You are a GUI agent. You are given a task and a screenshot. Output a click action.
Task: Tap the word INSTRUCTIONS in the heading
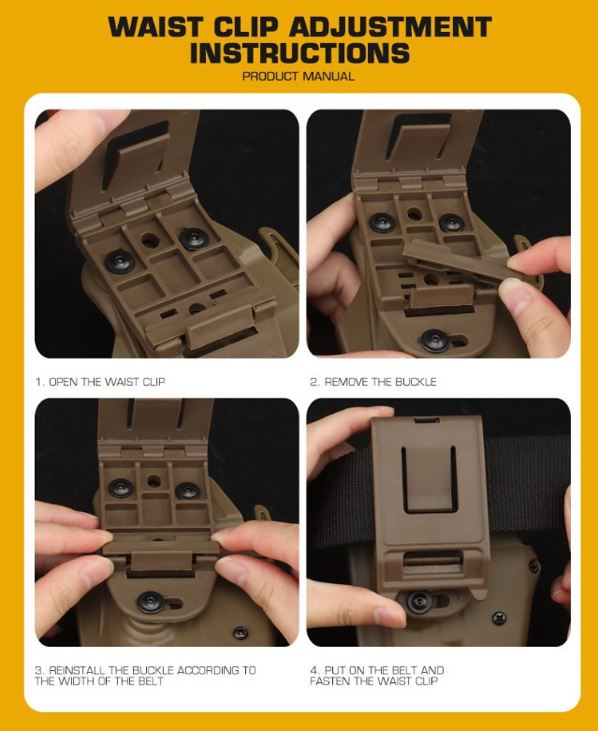tap(299, 52)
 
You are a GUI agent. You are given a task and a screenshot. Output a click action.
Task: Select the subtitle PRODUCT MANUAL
tap(299, 76)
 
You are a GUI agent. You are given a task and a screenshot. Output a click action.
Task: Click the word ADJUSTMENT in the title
tap(390, 27)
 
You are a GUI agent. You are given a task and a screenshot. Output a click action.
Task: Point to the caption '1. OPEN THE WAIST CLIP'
tap(100, 382)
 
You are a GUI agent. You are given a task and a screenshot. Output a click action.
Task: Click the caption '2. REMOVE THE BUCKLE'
tap(373, 382)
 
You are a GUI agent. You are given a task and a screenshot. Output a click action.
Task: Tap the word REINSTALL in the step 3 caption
tap(78, 670)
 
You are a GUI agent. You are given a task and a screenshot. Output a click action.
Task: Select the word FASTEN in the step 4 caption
tap(330, 681)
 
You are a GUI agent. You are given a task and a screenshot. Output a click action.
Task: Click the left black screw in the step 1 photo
tap(120, 261)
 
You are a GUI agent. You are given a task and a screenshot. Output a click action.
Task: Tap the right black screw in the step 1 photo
tap(194, 240)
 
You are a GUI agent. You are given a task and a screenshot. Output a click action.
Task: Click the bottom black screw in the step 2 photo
tap(435, 341)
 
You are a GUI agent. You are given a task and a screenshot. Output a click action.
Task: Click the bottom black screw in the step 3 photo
tap(151, 603)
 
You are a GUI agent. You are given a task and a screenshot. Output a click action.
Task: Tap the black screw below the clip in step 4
tap(419, 603)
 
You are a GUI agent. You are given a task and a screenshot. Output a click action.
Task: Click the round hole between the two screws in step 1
tap(149, 241)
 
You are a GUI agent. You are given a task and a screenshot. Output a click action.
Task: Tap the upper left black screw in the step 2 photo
tap(382, 223)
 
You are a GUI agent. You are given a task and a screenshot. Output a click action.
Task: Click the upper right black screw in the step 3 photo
tap(188, 490)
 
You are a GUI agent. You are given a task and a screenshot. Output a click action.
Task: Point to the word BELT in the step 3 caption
tap(151, 681)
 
